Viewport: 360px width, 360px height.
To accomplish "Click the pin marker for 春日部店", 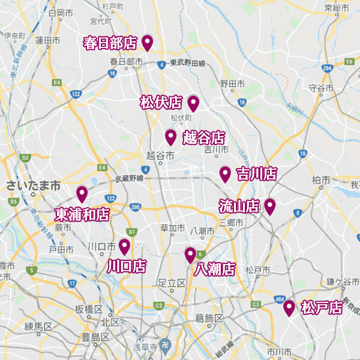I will pos(147,42).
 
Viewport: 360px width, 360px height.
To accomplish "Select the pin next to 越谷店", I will pos(170,137).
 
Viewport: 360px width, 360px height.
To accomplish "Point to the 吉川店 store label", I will pos(256,174).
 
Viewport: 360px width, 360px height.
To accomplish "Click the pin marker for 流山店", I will pos(270,206).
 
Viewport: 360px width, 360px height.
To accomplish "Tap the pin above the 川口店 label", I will pos(125,246).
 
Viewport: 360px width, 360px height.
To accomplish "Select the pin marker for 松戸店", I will pos(289,308).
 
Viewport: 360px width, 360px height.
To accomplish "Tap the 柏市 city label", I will pos(322,180).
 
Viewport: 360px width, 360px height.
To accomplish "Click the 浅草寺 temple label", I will pos(145,347).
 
